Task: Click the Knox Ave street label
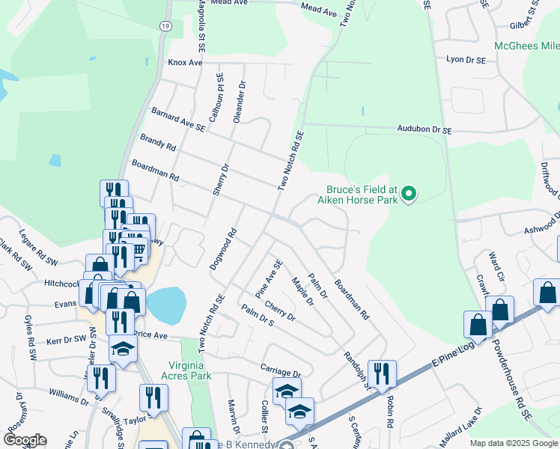tap(185, 63)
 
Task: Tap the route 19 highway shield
tap(165, 25)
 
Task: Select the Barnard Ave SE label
tap(178, 118)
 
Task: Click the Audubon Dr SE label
tap(425, 130)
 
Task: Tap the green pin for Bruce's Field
tap(408, 195)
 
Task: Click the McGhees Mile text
tap(526, 46)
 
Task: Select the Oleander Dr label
tap(240, 103)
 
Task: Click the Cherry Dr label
tap(279, 311)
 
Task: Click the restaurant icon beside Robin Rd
tap(382, 373)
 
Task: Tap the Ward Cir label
tap(496, 263)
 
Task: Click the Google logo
tap(25, 440)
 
